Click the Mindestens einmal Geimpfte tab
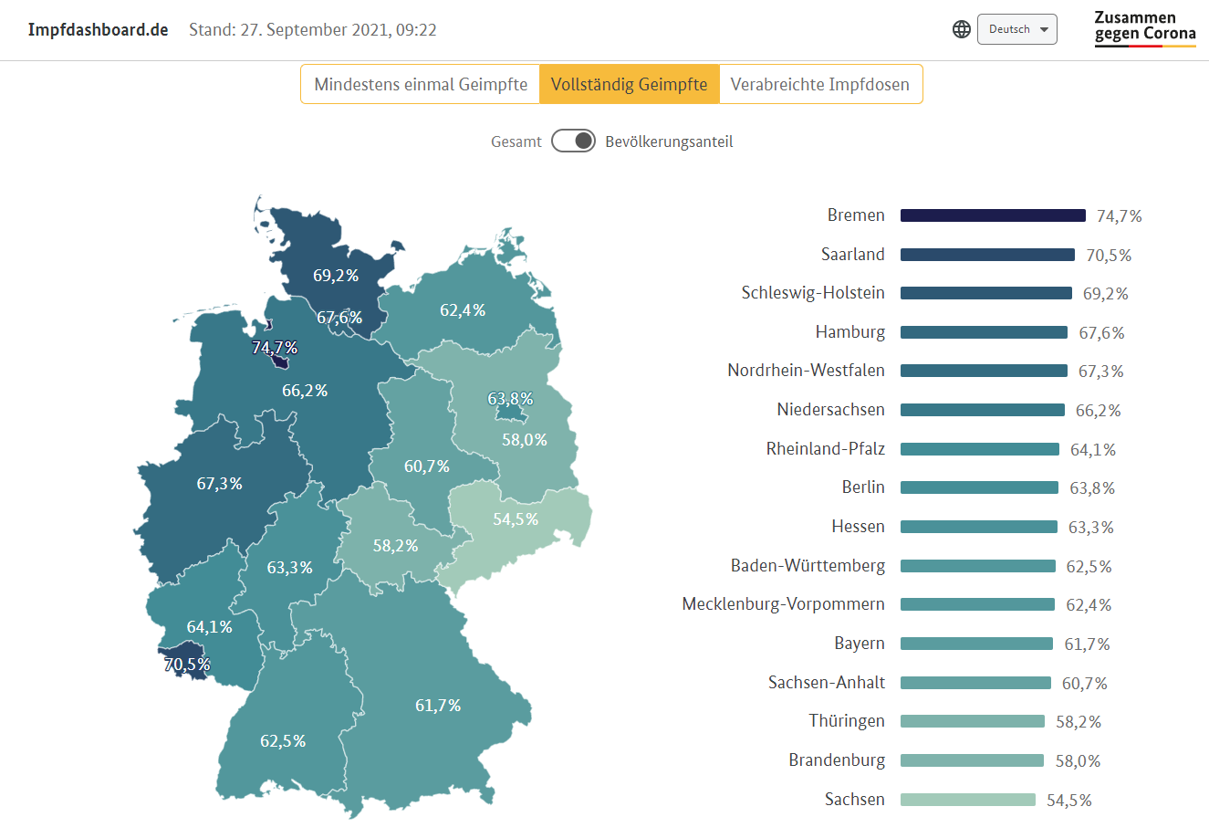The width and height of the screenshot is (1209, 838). click(421, 85)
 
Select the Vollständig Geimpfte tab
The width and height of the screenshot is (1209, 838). click(629, 85)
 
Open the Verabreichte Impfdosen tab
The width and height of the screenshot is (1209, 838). click(819, 85)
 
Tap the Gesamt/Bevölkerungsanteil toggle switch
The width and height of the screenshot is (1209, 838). click(573, 141)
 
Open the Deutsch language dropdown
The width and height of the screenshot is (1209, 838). click(1016, 29)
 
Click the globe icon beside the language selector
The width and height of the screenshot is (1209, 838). click(962, 29)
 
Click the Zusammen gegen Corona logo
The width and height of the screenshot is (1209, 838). click(1144, 29)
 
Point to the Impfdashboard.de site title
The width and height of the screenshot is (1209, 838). click(98, 29)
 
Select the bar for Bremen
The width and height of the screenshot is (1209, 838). click(993, 215)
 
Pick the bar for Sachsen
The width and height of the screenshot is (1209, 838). click(967, 800)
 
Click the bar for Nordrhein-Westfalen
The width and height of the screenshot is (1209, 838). click(984, 371)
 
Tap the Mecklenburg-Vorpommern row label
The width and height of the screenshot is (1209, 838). click(783, 604)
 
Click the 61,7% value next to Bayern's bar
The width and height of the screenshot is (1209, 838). click(1087, 644)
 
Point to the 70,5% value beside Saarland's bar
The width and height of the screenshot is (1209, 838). click(1109, 256)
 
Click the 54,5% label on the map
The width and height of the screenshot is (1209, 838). click(516, 519)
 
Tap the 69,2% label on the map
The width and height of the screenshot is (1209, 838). click(336, 276)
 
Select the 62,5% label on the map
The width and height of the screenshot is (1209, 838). click(283, 741)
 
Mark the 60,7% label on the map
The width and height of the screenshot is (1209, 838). click(427, 466)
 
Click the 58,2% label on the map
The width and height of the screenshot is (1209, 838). click(395, 546)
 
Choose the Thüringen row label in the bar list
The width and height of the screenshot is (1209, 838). click(846, 721)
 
